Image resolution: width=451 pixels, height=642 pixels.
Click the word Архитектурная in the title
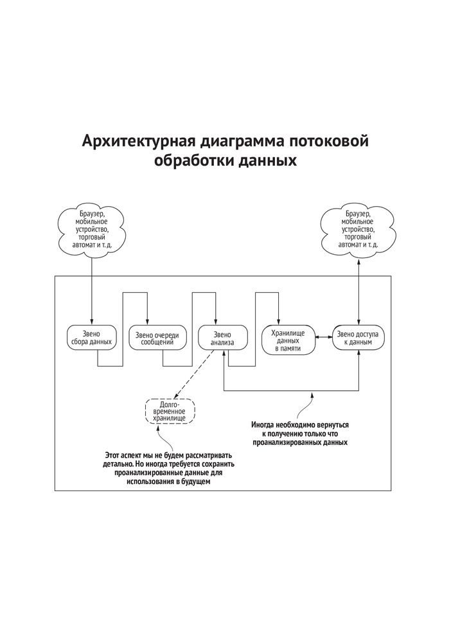137,141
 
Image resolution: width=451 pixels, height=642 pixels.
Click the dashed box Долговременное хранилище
170,410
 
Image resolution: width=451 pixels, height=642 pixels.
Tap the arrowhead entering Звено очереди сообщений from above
148,322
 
